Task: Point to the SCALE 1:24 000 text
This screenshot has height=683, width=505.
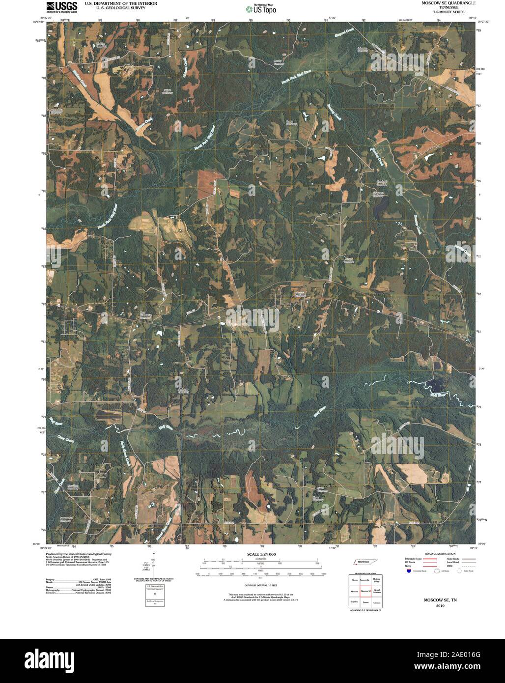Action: coord(257,554)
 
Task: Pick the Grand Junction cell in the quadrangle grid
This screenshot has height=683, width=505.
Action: coord(377,591)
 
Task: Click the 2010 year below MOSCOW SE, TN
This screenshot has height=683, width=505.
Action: coord(440,606)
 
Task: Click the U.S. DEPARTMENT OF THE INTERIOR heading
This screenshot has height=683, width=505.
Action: coord(121,3)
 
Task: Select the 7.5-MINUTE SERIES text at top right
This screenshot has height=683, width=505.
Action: coord(445,12)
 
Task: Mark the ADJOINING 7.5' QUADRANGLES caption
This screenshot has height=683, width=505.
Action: coord(365,610)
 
